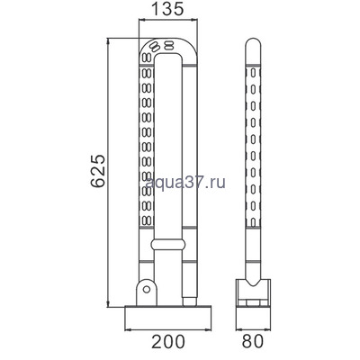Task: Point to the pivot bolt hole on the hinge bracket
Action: (x=145, y=292)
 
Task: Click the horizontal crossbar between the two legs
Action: (x=169, y=244)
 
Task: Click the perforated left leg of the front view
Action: (x=144, y=153)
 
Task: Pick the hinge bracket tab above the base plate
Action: (x=144, y=290)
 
